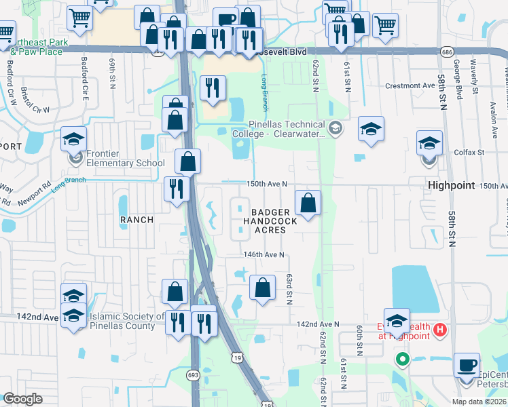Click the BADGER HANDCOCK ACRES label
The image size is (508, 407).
[270, 221]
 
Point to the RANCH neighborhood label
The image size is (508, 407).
[137, 220]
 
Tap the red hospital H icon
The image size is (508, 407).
[440, 330]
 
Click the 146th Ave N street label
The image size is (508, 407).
[264, 255]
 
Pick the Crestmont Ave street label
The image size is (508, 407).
[410, 86]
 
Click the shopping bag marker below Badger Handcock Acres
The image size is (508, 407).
[262, 288]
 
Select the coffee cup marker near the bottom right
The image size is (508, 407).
[466, 365]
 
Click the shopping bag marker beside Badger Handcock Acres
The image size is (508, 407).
[308, 202]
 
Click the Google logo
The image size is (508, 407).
[22, 399]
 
